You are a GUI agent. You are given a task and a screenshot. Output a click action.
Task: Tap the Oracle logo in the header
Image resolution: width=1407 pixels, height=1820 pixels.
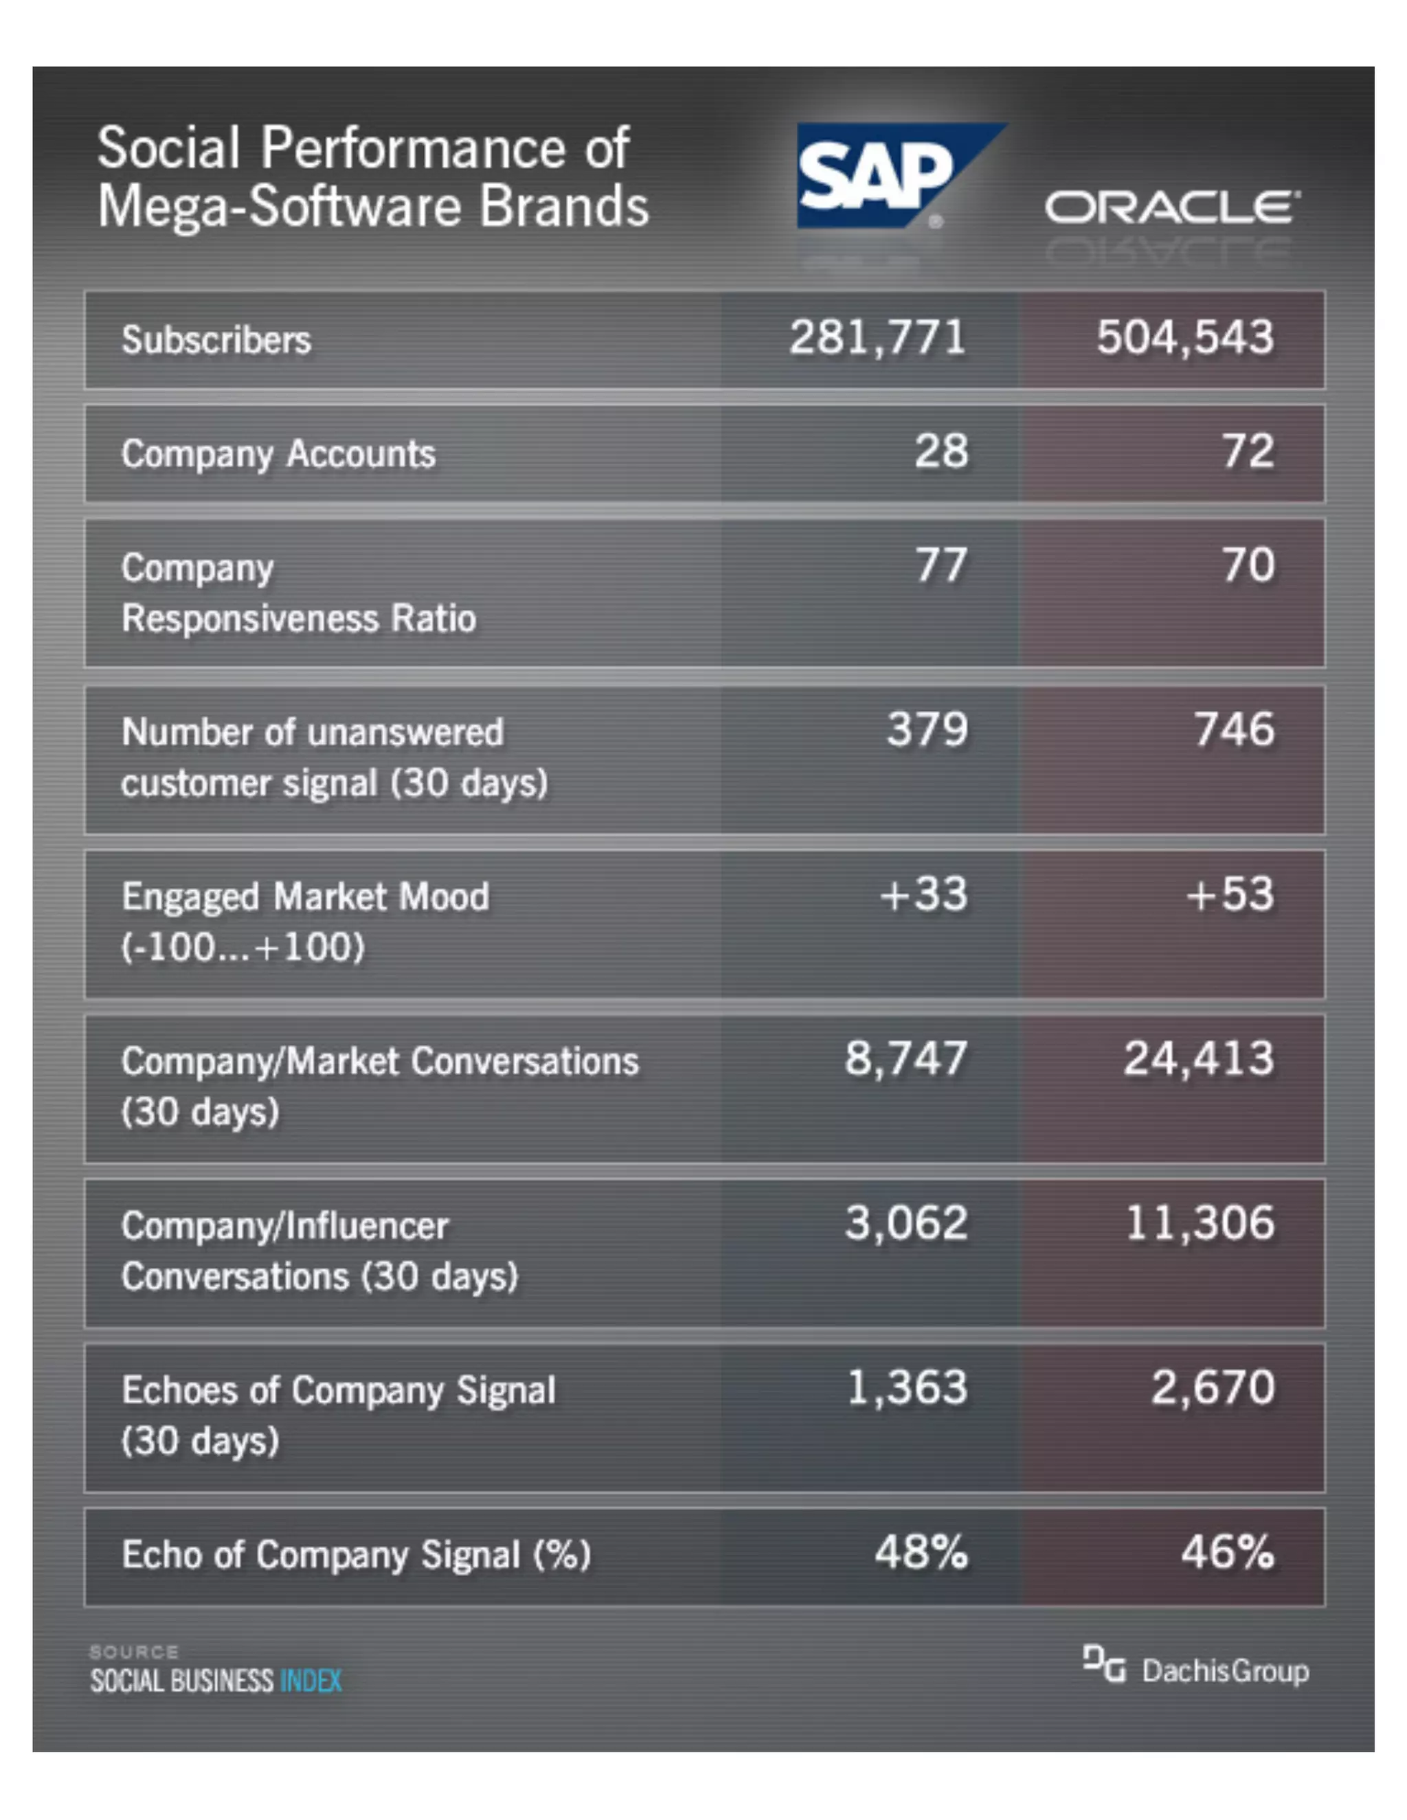pyautogui.click(x=1171, y=207)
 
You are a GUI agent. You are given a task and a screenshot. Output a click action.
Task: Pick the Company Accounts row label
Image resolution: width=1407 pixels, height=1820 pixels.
pyautogui.click(x=278, y=454)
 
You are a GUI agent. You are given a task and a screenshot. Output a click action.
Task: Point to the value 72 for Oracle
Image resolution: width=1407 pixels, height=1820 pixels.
pyautogui.click(x=1248, y=452)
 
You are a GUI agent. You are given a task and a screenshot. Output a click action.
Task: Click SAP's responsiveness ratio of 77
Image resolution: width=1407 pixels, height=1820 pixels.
pyautogui.click(x=941, y=566)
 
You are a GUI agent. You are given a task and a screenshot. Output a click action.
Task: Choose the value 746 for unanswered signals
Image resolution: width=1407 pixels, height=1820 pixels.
pyautogui.click(x=1234, y=730)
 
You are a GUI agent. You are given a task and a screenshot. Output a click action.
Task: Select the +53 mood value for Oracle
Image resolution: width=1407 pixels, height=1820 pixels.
pyautogui.click(x=1230, y=894)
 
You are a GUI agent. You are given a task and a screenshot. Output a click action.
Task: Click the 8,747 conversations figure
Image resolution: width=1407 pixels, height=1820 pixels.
pyautogui.click(x=906, y=1059)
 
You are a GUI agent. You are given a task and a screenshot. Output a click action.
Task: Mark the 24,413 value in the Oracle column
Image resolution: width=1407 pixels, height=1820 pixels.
pyautogui.click(x=1199, y=1059)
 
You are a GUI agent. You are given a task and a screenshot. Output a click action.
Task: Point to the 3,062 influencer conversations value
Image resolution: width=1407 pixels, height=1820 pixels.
pyautogui.click(x=906, y=1223)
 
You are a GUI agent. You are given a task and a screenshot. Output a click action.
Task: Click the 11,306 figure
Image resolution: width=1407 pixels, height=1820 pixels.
pyautogui.click(x=1200, y=1223)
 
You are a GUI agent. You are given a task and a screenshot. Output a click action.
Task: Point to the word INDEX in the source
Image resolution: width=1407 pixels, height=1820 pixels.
pyautogui.click(x=311, y=1681)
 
